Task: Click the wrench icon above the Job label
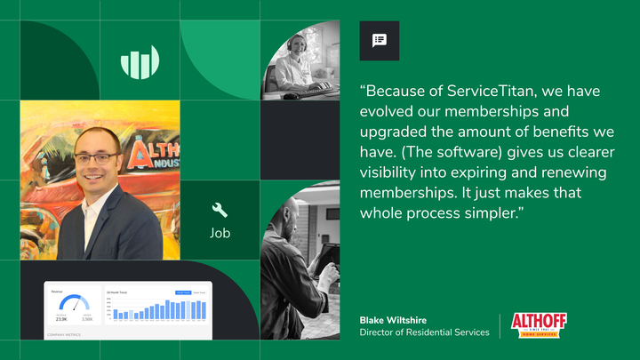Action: (220, 211)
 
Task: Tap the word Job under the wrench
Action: (220, 235)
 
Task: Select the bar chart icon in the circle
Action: (140, 62)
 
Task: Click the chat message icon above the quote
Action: (380, 40)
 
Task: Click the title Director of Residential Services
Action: (424, 332)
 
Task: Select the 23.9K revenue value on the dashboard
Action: (61, 317)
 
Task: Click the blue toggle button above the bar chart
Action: (182, 292)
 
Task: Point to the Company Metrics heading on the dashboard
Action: (65, 335)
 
